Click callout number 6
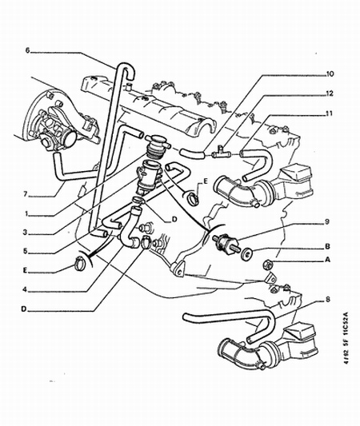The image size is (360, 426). click(x=28, y=50)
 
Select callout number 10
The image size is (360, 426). click(x=330, y=74)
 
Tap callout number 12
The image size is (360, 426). click(x=330, y=94)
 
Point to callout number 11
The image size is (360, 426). click(x=330, y=113)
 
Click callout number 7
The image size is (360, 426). click(x=26, y=194)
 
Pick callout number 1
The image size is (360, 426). click(x=26, y=214)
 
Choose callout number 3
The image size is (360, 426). click(x=26, y=233)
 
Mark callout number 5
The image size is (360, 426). click(x=26, y=251)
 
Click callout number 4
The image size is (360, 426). click(x=25, y=290)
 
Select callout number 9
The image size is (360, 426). click(x=327, y=221)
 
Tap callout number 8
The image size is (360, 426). click(x=328, y=300)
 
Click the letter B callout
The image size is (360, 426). click(x=328, y=246)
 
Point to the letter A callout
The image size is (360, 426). click(x=328, y=260)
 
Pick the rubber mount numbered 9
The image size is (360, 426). click(x=225, y=242)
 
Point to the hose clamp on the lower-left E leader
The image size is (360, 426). click(x=80, y=264)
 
